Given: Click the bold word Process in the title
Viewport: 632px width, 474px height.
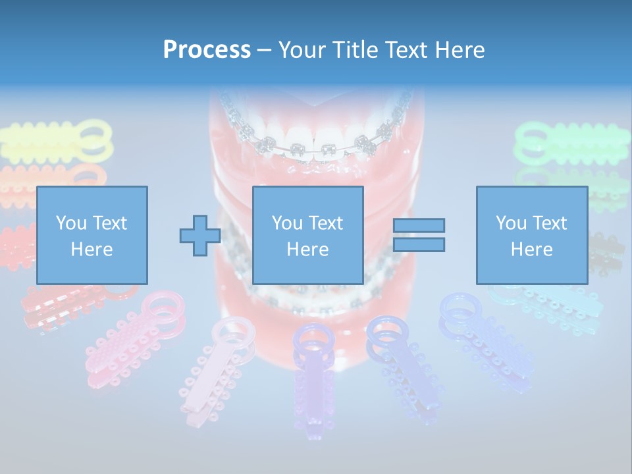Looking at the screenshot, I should [207, 50].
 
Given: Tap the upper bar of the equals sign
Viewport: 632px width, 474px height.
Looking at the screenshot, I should [419, 225].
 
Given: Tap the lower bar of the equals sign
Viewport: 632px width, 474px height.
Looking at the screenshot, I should [419, 245].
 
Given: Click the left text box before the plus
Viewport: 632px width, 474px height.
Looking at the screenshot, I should [92, 236].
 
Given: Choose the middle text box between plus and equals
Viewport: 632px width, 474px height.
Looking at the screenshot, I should [307, 236].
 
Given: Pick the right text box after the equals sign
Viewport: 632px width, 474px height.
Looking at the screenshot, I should [531, 236].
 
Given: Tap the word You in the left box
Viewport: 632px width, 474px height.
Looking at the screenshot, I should [68, 223].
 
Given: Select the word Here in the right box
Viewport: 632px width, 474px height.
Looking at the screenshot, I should [531, 250].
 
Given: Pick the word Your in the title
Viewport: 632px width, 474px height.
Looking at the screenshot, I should [302, 50].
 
